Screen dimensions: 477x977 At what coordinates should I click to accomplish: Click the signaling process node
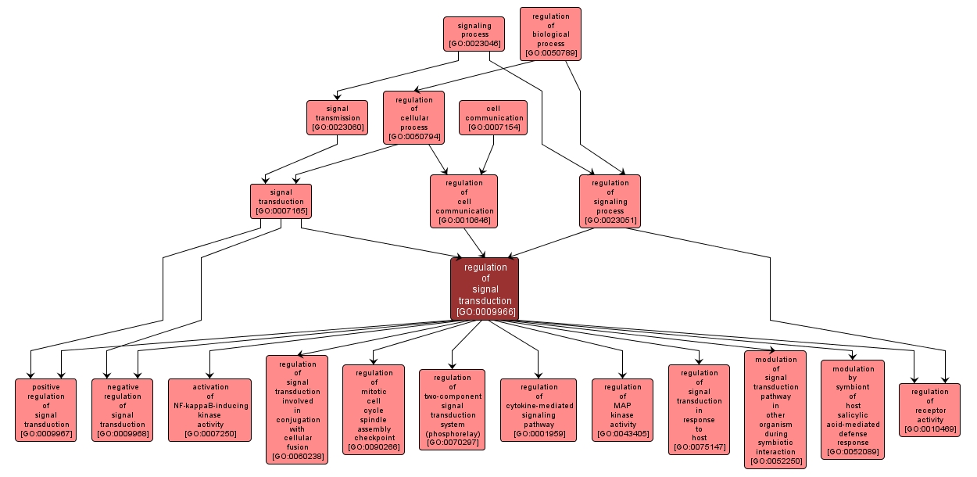coord(473,34)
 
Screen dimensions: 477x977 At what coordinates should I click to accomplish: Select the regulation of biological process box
coord(550,34)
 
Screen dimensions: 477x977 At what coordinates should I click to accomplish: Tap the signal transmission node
coord(337,117)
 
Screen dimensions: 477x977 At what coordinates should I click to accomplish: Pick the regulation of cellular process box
coord(413,118)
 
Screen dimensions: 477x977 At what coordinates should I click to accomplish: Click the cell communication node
coord(493,117)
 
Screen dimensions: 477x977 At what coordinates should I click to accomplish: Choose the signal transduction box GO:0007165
coord(281,202)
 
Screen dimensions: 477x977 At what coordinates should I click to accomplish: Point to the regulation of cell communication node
coord(463,201)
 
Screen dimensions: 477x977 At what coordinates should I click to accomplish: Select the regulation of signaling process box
coord(610,201)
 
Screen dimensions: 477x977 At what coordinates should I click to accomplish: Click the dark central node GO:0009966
coord(485,289)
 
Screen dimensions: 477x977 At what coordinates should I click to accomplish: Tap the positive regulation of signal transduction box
coord(46,410)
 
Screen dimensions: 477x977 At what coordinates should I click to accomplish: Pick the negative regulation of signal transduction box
coord(122,410)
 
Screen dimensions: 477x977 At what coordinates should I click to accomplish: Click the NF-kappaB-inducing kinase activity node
coord(210,410)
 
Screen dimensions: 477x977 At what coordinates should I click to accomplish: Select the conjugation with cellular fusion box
coord(296,410)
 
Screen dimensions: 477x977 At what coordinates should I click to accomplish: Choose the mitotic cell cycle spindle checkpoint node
coord(374,410)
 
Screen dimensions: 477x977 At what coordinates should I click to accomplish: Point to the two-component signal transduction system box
coord(452,410)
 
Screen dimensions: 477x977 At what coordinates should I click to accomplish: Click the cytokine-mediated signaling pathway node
coord(539,410)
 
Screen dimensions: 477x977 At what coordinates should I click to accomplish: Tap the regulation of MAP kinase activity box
coord(622,410)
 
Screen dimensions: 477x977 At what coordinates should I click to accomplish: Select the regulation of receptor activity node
coord(929,410)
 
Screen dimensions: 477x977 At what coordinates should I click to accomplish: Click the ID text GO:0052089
coord(852,452)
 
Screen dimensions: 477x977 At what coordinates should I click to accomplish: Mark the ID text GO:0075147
coord(699,447)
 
